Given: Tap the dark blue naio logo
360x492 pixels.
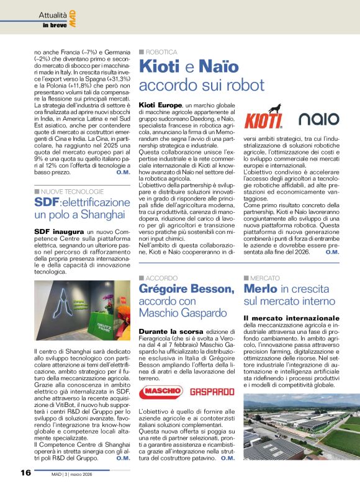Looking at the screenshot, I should (x=318, y=119).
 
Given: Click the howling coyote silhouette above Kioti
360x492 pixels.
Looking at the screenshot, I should (x=272, y=109).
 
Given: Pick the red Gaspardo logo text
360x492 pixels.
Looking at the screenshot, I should (x=212, y=374).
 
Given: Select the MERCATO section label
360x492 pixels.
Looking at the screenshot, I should (x=263, y=277).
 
